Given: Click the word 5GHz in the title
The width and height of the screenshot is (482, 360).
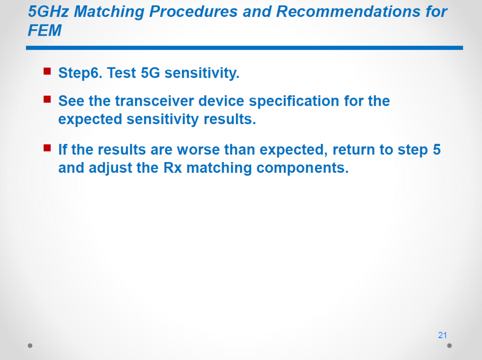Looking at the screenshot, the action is [48, 12].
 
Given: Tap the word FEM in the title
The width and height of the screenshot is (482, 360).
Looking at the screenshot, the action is [45, 30].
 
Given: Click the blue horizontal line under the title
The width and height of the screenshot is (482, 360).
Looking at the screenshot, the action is [245, 48].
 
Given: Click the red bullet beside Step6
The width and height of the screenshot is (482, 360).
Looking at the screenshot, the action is [47, 71].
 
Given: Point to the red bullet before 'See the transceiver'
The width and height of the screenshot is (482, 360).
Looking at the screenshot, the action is [47, 99].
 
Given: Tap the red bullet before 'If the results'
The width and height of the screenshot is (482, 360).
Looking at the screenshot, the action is [47, 148].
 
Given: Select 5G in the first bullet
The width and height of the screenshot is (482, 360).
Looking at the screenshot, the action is [150, 73].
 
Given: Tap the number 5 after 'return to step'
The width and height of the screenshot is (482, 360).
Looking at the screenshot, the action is [437, 150].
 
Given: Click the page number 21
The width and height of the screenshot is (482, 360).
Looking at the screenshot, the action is [442, 335].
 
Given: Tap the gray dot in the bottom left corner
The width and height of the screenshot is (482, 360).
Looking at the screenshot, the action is [30, 346].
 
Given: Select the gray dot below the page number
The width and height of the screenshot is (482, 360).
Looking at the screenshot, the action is [449, 346].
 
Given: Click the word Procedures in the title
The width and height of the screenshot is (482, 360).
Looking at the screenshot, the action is [193, 12].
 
